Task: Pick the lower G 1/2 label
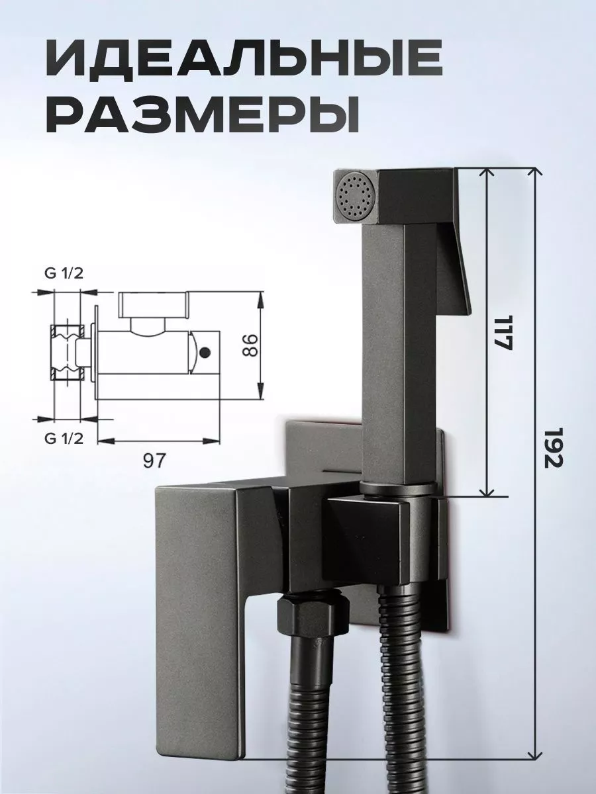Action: click(64, 437)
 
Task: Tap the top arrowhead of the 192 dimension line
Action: click(533, 173)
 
